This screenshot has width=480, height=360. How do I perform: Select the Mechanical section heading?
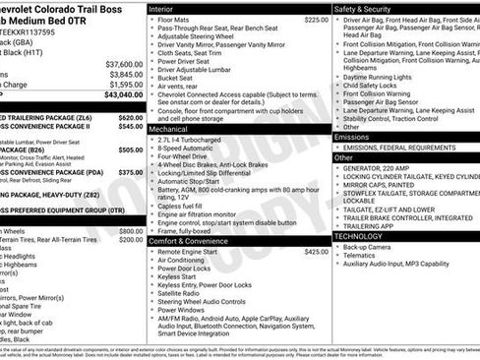pyautogui.click(x=172, y=129)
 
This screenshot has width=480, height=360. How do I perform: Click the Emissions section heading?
pyautogui.click(x=354, y=137)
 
